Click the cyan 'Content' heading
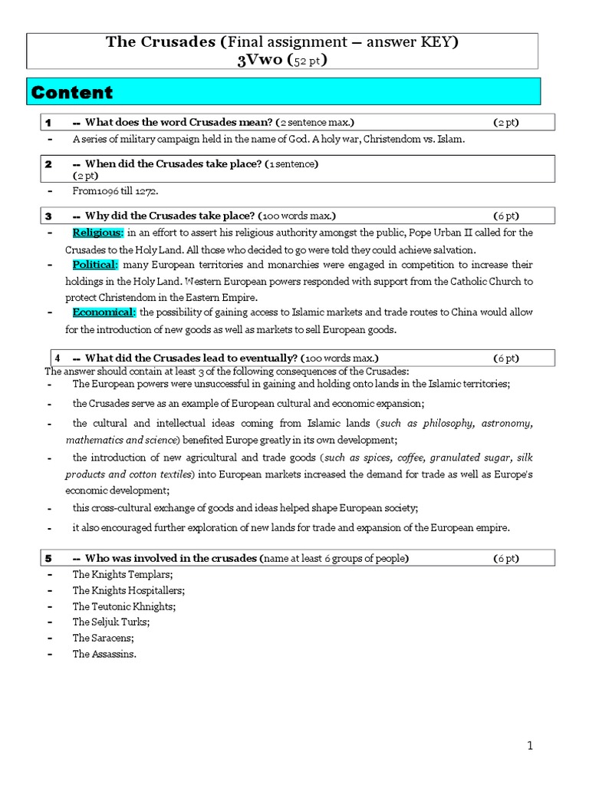71,92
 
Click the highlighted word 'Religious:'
97,232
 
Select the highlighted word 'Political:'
95,264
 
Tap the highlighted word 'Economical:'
104,312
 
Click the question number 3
48,216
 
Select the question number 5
48,557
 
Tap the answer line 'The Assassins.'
104,654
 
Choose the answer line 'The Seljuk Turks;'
111,622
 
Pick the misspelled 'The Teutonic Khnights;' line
124,606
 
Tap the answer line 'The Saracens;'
104,638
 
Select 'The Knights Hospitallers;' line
129,589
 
